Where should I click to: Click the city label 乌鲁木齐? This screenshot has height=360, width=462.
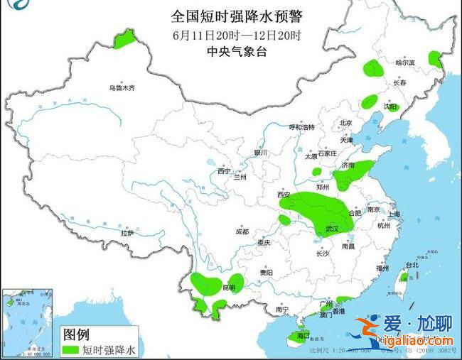122,88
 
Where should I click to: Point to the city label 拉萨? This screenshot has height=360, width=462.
127,233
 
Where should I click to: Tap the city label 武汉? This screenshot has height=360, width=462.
331,229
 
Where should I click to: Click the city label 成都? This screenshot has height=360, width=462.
242,231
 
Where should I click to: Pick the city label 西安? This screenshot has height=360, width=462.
284,194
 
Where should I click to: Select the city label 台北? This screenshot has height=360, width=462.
412,266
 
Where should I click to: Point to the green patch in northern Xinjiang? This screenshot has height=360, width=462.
125,38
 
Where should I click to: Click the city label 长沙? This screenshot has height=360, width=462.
322,253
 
